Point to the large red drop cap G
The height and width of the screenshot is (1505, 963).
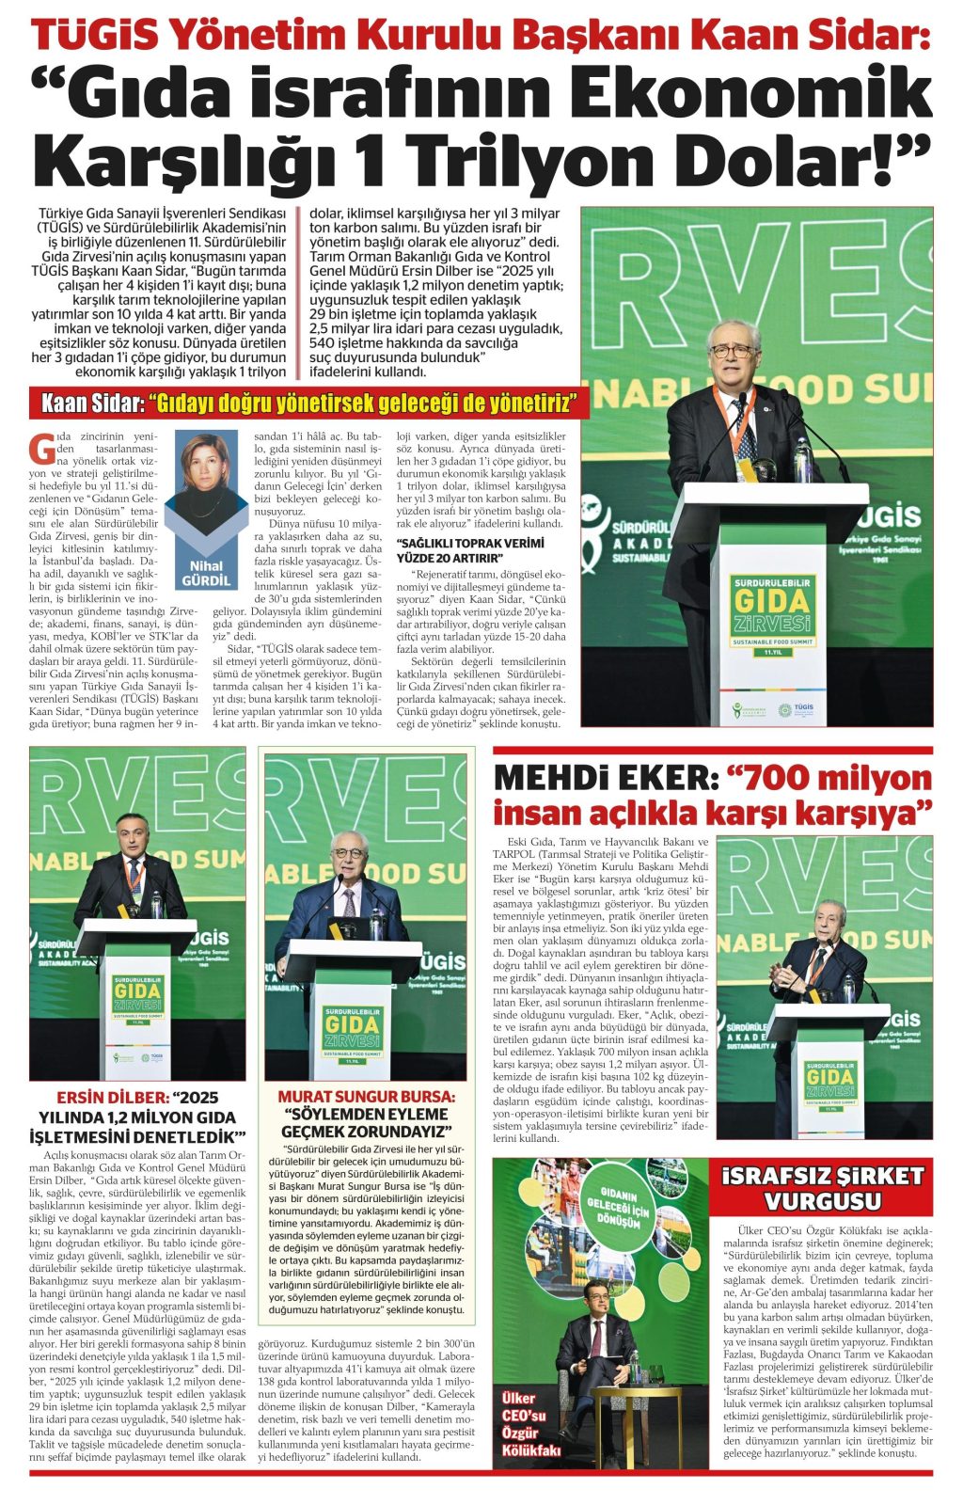coord(41,451)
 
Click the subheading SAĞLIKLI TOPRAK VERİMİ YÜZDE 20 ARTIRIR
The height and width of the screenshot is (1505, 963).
coord(470,549)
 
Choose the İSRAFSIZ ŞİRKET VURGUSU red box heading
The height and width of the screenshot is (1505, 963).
coord(822,1189)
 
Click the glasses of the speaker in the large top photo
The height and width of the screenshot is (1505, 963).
coord(733,351)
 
